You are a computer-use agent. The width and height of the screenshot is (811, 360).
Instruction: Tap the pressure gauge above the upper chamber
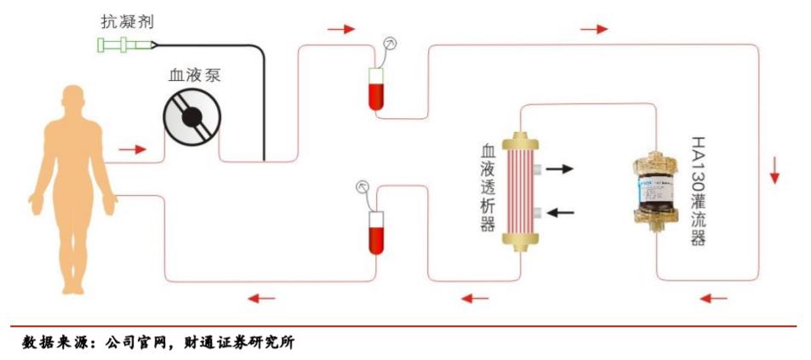[391, 42]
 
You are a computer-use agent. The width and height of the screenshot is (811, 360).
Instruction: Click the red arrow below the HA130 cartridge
[712, 298]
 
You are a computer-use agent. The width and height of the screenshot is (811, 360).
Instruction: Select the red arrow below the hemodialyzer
[475, 298]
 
